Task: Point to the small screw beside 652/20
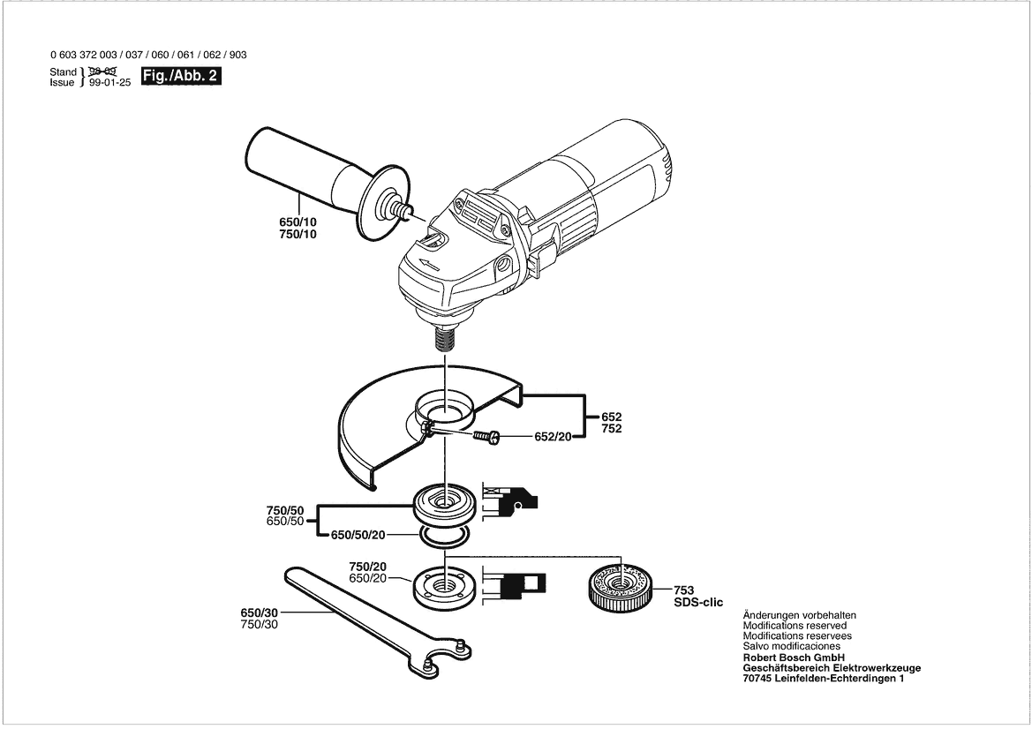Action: [486, 437]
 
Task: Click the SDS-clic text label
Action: [698, 602]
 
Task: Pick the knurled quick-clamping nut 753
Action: [619, 586]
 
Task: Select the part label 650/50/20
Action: [358, 535]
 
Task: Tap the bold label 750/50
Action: [284, 510]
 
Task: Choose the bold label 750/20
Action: [368, 566]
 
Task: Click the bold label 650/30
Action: [259, 613]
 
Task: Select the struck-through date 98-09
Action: [104, 71]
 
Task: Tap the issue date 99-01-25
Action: [109, 82]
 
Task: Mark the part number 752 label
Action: [612, 429]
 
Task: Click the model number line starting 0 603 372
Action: [148, 55]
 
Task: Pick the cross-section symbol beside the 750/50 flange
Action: [511, 500]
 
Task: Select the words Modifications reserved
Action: [795, 626]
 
